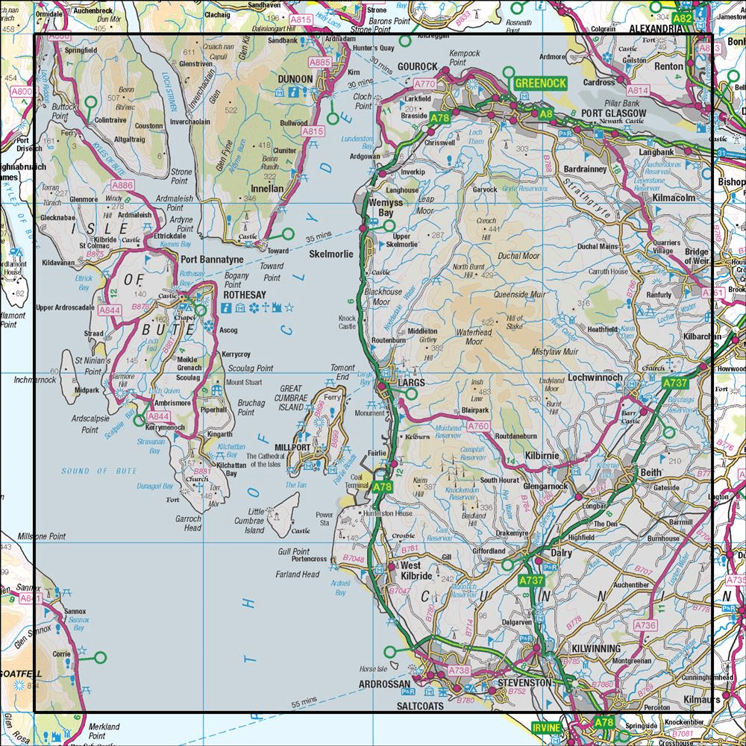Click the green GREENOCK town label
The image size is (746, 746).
[540, 83]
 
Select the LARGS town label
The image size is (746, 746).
[411, 382]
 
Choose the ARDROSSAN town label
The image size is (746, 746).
[384, 684]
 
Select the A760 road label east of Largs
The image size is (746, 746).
[478, 426]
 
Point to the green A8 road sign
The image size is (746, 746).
[546, 114]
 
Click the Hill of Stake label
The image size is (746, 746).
[513, 322]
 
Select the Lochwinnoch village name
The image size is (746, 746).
[595, 378]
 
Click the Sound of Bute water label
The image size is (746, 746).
[86, 471]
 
